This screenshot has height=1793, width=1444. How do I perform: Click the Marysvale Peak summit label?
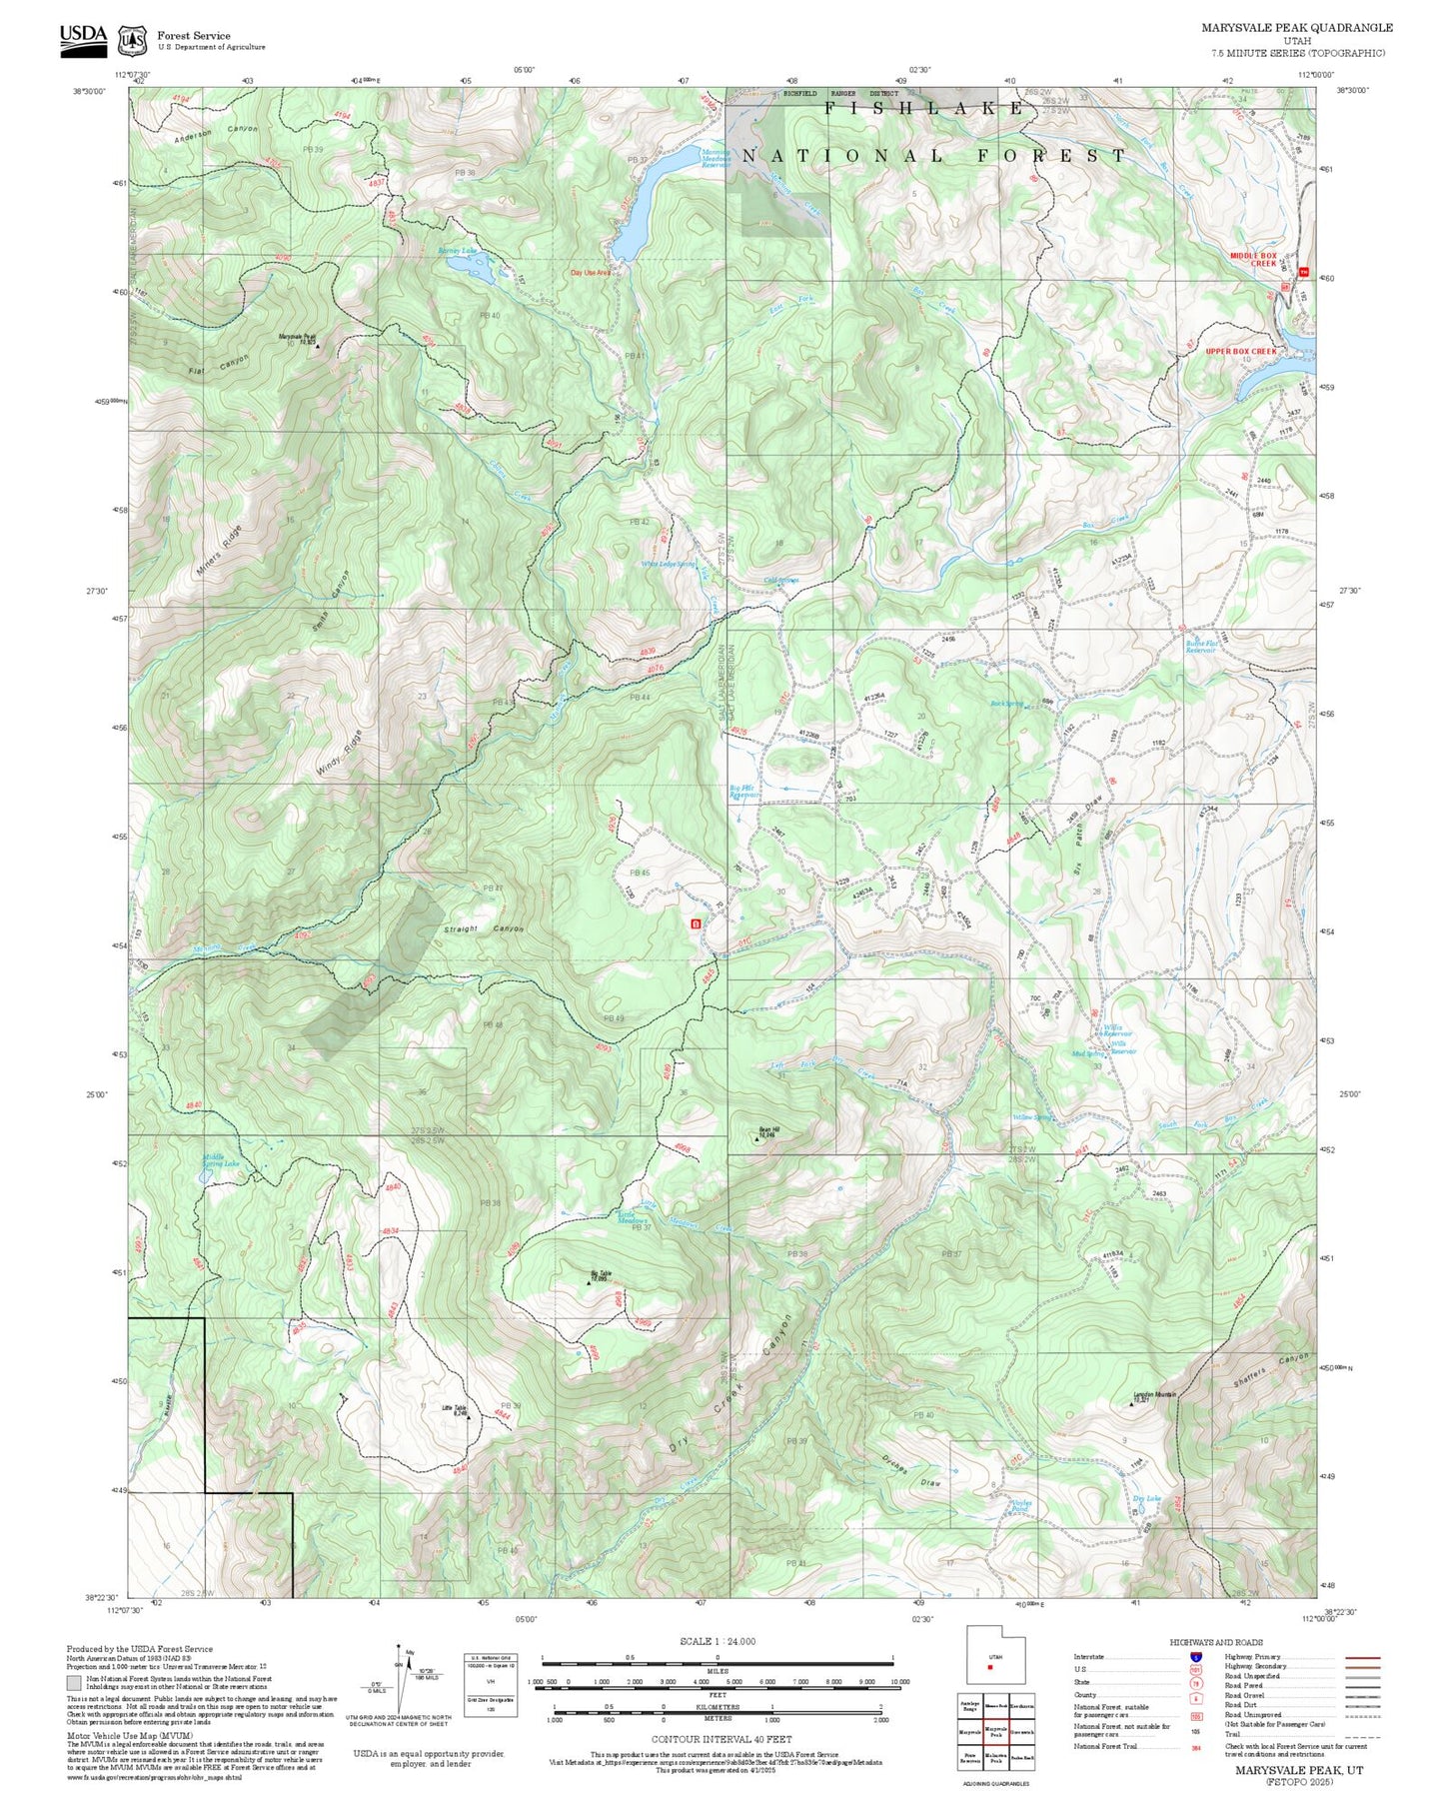pyautogui.click(x=297, y=338)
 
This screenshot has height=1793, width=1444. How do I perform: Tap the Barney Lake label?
pyautogui.click(x=458, y=251)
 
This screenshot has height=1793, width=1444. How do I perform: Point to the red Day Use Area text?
pyautogui.click(x=590, y=272)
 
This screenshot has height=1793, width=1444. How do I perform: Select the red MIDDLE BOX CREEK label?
pyautogui.click(x=1253, y=260)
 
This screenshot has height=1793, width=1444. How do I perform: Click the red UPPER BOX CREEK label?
pyautogui.click(x=1240, y=351)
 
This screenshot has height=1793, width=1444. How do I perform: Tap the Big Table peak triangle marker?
pyautogui.click(x=589, y=1282)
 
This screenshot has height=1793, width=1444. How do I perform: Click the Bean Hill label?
pyautogui.click(x=767, y=1132)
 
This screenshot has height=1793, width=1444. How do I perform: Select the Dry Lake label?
pyautogui.click(x=1146, y=1498)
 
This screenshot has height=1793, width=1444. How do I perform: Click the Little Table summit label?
pyautogui.click(x=455, y=1409)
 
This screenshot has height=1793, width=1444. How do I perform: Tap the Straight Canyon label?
pyautogui.click(x=484, y=928)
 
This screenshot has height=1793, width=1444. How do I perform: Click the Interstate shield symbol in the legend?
pyautogui.click(x=1195, y=1656)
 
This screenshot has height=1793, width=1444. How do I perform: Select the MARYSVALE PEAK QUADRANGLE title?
pyautogui.click(x=1296, y=28)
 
